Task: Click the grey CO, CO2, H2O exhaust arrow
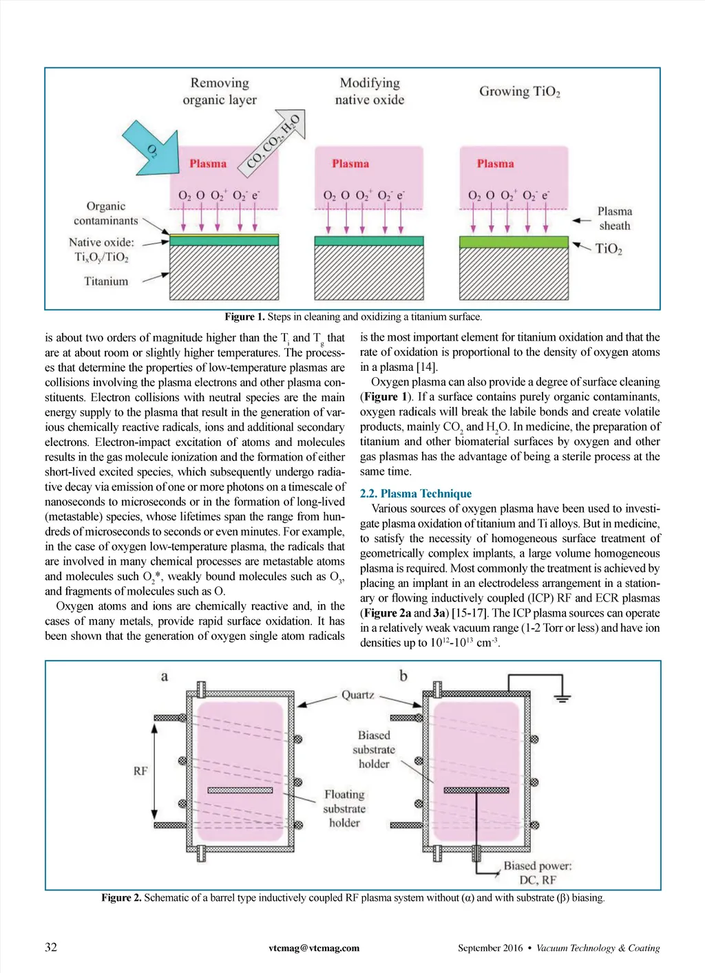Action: click(275, 140)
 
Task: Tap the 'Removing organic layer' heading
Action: click(220, 91)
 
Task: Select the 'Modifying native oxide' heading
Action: click(370, 91)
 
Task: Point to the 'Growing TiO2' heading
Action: click(520, 92)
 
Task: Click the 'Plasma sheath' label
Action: click(614, 218)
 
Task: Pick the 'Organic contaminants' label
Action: click(106, 213)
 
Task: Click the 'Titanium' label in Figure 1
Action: click(106, 281)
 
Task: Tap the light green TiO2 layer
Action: click(514, 242)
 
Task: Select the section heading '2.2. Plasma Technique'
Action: click(416, 493)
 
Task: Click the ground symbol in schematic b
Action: click(562, 698)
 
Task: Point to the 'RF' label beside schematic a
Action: click(140, 771)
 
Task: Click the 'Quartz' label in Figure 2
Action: click(358, 695)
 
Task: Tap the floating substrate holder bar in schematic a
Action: click(240, 790)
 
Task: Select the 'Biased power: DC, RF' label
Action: click(538, 873)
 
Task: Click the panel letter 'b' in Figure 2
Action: click(403, 676)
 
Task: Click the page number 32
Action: click(51, 948)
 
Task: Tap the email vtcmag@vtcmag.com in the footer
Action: click(314, 948)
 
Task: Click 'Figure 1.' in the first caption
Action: click(244, 317)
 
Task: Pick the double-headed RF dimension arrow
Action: click(155, 771)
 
